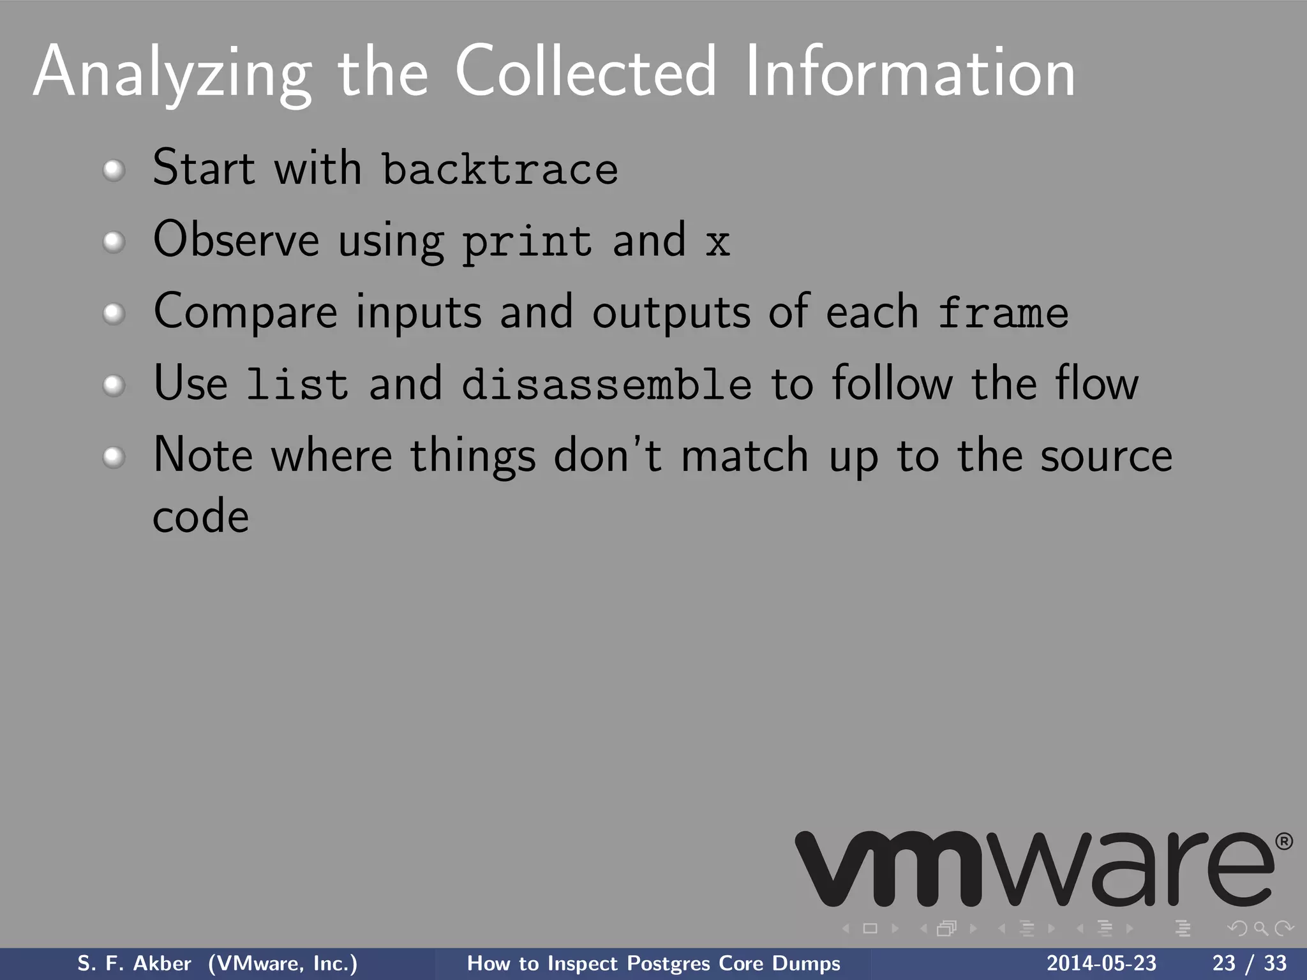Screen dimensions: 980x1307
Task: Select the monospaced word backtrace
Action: pyautogui.click(x=500, y=170)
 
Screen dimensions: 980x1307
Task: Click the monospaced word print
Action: pyautogui.click(x=527, y=243)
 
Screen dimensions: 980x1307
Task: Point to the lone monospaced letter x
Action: pyautogui.click(x=717, y=243)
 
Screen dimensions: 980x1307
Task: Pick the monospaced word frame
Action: pyautogui.click(x=1003, y=314)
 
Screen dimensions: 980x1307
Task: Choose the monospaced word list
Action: pyautogui.click(x=297, y=385)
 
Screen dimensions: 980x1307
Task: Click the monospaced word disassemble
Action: pyautogui.click(x=606, y=385)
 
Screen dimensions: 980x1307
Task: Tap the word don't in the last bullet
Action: pyautogui.click(x=607, y=456)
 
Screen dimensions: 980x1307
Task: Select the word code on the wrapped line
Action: pyautogui.click(x=200, y=517)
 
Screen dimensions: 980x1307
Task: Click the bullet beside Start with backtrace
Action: pyautogui.click(x=114, y=170)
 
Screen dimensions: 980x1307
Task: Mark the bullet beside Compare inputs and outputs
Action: pyautogui.click(x=114, y=314)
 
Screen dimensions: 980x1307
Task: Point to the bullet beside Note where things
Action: pyautogui.click(x=114, y=457)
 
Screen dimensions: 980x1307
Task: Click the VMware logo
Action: pyautogui.click(x=1034, y=869)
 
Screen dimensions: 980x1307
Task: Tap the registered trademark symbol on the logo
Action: pyautogui.click(x=1283, y=842)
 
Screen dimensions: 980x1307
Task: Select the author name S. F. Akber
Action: pyautogui.click(x=134, y=963)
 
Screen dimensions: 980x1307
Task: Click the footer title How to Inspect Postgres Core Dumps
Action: pyautogui.click(x=653, y=963)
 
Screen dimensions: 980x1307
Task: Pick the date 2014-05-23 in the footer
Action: pyautogui.click(x=1101, y=963)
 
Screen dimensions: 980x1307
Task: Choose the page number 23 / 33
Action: pyautogui.click(x=1249, y=963)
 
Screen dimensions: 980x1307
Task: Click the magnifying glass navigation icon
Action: pyautogui.click(x=1260, y=928)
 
